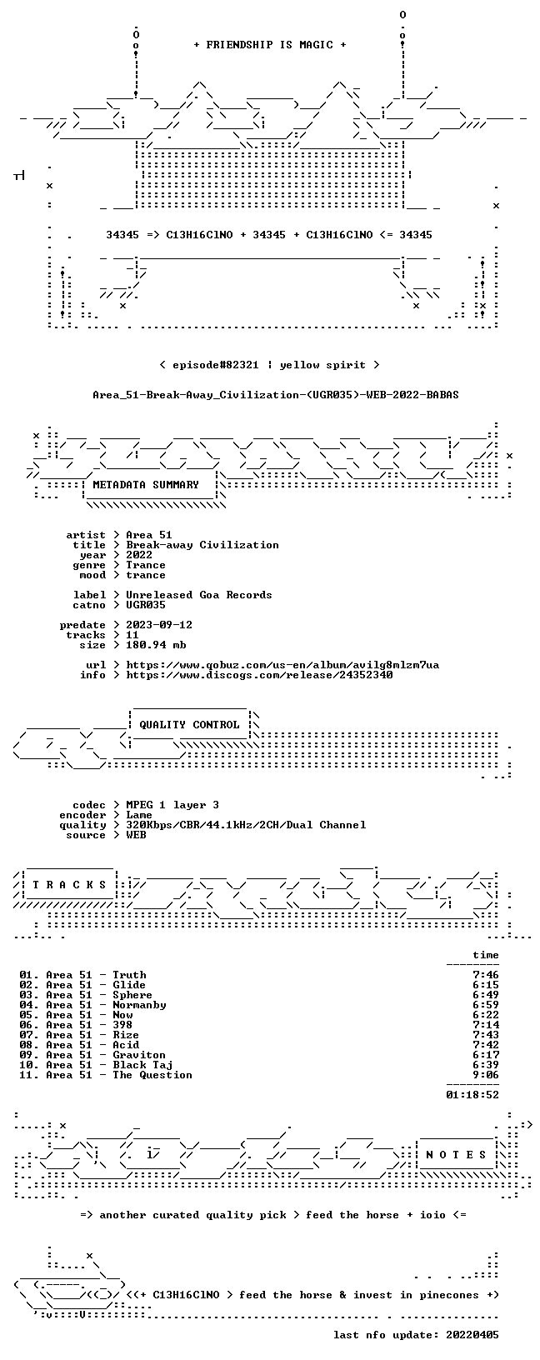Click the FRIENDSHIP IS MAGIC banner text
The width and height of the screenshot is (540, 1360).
tap(270, 45)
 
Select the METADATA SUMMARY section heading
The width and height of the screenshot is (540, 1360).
tap(146, 484)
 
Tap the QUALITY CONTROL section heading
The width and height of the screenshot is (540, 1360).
tap(189, 724)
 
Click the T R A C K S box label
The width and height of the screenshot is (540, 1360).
tap(69, 885)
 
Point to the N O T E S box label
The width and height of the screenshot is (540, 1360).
tap(456, 1154)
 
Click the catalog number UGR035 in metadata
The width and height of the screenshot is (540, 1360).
tap(146, 605)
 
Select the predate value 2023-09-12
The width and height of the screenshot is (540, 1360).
tap(159, 625)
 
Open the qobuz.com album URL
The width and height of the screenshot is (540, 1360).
tap(282, 665)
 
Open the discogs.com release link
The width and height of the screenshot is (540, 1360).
tap(259, 674)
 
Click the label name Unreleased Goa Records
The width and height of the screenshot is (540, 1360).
tap(198, 595)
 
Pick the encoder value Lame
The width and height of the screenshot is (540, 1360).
tap(139, 815)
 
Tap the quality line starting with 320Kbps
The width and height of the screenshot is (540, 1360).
tap(246, 824)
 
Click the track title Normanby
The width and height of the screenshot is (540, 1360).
tap(139, 1005)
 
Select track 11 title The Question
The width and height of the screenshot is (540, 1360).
tap(152, 1075)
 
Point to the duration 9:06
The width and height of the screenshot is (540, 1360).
tap(486, 1075)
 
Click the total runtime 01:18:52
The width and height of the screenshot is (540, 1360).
tap(472, 1095)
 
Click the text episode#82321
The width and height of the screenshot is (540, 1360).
tap(216, 365)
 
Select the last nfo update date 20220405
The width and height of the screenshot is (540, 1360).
tap(472, 1334)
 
